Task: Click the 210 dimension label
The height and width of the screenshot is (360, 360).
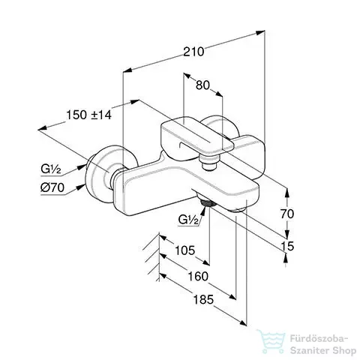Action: (x=193, y=52)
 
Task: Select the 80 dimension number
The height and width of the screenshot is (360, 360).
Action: (x=202, y=85)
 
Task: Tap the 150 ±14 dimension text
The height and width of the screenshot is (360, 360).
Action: (x=88, y=115)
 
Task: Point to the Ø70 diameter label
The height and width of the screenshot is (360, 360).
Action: (x=52, y=187)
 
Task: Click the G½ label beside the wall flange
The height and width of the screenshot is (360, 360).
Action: (x=51, y=169)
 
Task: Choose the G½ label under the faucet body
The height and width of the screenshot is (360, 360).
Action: (x=188, y=220)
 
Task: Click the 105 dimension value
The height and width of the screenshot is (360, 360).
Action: (x=184, y=250)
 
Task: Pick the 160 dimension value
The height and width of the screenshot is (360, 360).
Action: (x=198, y=277)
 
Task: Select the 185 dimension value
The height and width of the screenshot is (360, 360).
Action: (x=203, y=299)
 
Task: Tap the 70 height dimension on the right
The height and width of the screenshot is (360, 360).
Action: (x=287, y=214)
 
